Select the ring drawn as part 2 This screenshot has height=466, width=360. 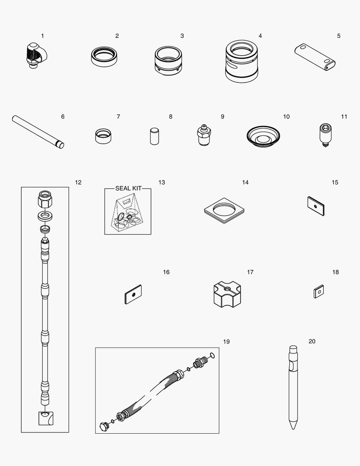104,56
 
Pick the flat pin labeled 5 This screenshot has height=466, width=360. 315,57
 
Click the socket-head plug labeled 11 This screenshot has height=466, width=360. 323,135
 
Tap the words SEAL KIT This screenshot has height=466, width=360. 128,189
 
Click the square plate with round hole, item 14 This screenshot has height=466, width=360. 224,210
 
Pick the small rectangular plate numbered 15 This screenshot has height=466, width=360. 316,206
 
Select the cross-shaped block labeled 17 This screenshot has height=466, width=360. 227,294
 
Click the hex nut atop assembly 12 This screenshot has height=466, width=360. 45,200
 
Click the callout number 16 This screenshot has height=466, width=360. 166,272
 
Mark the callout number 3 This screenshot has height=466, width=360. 182,36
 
